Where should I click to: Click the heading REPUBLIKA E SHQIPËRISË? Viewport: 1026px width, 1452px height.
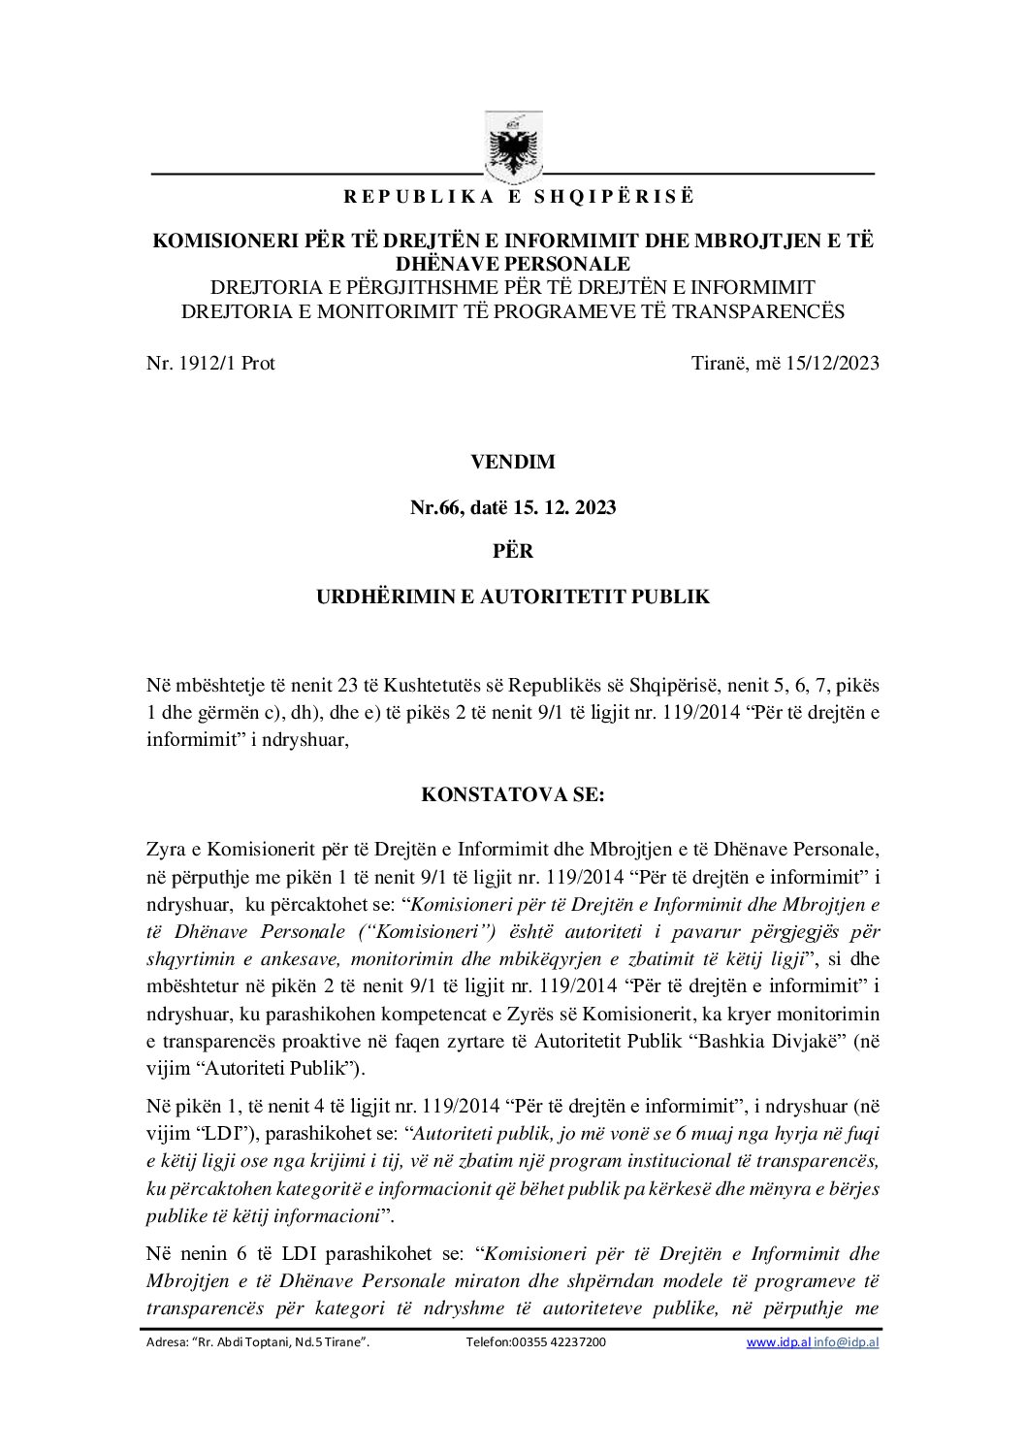pos(519,197)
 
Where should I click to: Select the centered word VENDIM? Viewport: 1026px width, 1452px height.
pos(513,463)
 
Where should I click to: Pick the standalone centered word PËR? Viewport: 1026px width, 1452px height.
pos(513,551)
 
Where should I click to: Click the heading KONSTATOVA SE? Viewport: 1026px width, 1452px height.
pos(513,795)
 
